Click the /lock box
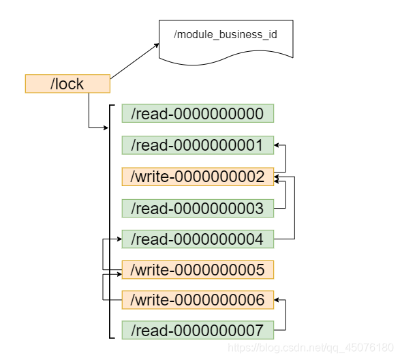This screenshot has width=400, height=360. point(67,84)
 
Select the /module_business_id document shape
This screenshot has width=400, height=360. point(226,41)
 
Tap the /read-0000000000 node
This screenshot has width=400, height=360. point(198,113)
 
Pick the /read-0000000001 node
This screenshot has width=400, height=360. point(198,145)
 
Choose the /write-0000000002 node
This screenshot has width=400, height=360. point(198,177)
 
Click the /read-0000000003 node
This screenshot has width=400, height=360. point(198,209)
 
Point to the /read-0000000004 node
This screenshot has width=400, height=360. point(198,239)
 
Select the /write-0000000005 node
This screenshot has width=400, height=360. point(198,269)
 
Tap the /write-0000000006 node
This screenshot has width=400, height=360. point(198,300)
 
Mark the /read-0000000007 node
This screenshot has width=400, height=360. point(198,330)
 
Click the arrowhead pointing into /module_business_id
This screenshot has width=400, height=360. point(156,46)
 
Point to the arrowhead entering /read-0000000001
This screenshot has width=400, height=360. point(277,145)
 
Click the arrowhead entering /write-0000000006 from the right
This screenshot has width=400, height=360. point(277,300)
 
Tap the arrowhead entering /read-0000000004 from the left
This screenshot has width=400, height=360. point(119,239)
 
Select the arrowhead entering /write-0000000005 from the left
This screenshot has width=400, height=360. point(119,274)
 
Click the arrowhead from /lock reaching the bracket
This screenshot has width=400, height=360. point(106,127)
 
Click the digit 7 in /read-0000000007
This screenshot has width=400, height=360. point(259,331)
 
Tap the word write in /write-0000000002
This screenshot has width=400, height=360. point(152,177)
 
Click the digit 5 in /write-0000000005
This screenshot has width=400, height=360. point(260,270)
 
